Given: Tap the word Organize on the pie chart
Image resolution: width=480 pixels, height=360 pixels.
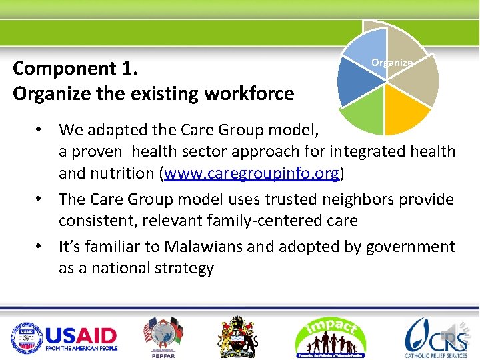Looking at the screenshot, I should coord(392,63).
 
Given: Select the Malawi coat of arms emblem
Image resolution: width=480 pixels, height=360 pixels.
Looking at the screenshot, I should coord(238,337).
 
